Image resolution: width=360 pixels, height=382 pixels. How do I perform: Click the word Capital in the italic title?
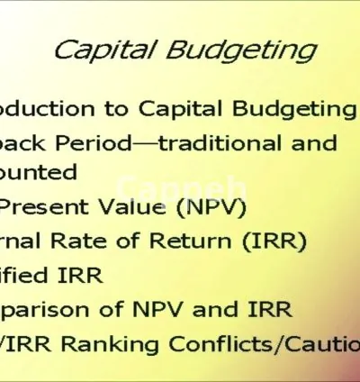(x=100, y=49)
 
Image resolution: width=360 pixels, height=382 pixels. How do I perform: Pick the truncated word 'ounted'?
(x=40, y=171)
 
